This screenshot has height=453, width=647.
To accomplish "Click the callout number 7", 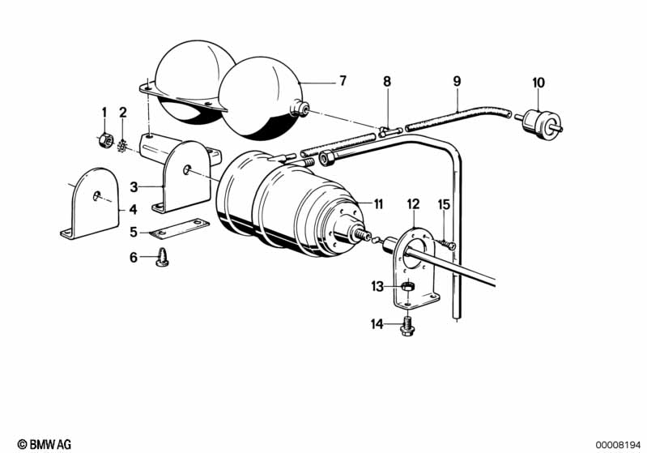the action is point(343,80).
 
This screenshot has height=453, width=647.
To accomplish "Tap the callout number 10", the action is point(538,83).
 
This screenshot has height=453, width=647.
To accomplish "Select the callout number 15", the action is point(444,204).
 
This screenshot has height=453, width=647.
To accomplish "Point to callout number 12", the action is point(413,204).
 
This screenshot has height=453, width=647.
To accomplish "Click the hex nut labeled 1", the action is point(106,140).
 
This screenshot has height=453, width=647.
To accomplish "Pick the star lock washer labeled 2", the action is point(121,146).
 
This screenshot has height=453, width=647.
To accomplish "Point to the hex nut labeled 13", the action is point(407,286).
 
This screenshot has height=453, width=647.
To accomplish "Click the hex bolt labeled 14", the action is point(407,326).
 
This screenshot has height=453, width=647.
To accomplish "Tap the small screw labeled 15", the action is point(446,244).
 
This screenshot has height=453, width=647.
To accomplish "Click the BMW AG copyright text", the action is point(45,444).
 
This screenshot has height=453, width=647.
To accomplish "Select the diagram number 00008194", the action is point(618,445).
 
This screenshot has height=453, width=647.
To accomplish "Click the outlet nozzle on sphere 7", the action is point(300,109).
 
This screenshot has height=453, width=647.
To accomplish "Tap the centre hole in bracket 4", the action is point(96,196).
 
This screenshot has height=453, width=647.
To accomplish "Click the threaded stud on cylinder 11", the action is point(360,234).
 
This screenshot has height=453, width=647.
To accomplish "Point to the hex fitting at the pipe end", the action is point(327,158).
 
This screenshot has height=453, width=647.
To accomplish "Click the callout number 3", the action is point(134,187).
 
